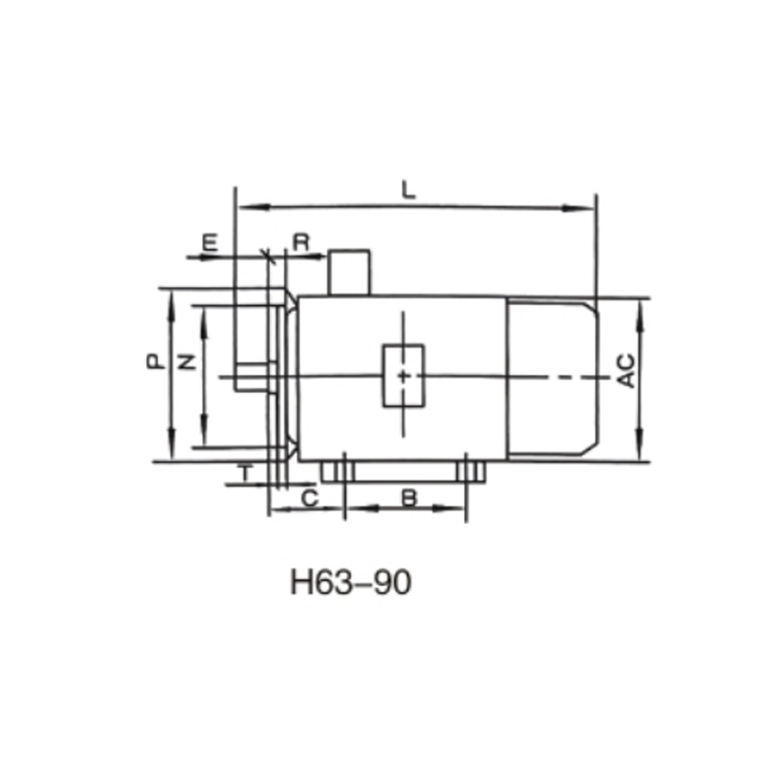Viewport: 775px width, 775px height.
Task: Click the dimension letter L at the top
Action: [x=410, y=191]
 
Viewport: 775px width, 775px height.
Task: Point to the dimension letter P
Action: [x=153, y=362]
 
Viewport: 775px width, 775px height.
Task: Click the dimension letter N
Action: [x=187, y=362]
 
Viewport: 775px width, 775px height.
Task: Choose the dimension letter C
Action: [x=308, y=498]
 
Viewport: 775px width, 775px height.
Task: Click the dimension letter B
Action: [x=409, y=498]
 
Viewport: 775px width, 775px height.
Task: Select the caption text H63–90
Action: [x=351, y=583]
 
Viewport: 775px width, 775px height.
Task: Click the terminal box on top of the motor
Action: [x=350, y=272]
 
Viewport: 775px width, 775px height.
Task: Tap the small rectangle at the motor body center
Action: [x=402, y=375]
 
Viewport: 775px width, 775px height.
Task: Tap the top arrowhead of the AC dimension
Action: [x=639, y=307]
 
